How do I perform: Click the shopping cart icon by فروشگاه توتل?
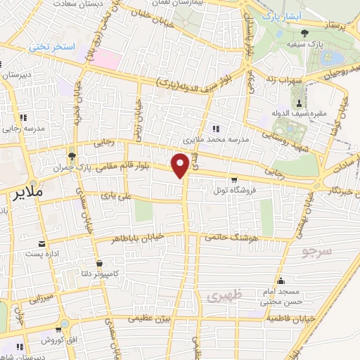pos(234,179)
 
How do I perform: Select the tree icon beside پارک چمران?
pos(71,156)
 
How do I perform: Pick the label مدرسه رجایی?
pos(22,129)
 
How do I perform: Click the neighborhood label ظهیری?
pos(224,297)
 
